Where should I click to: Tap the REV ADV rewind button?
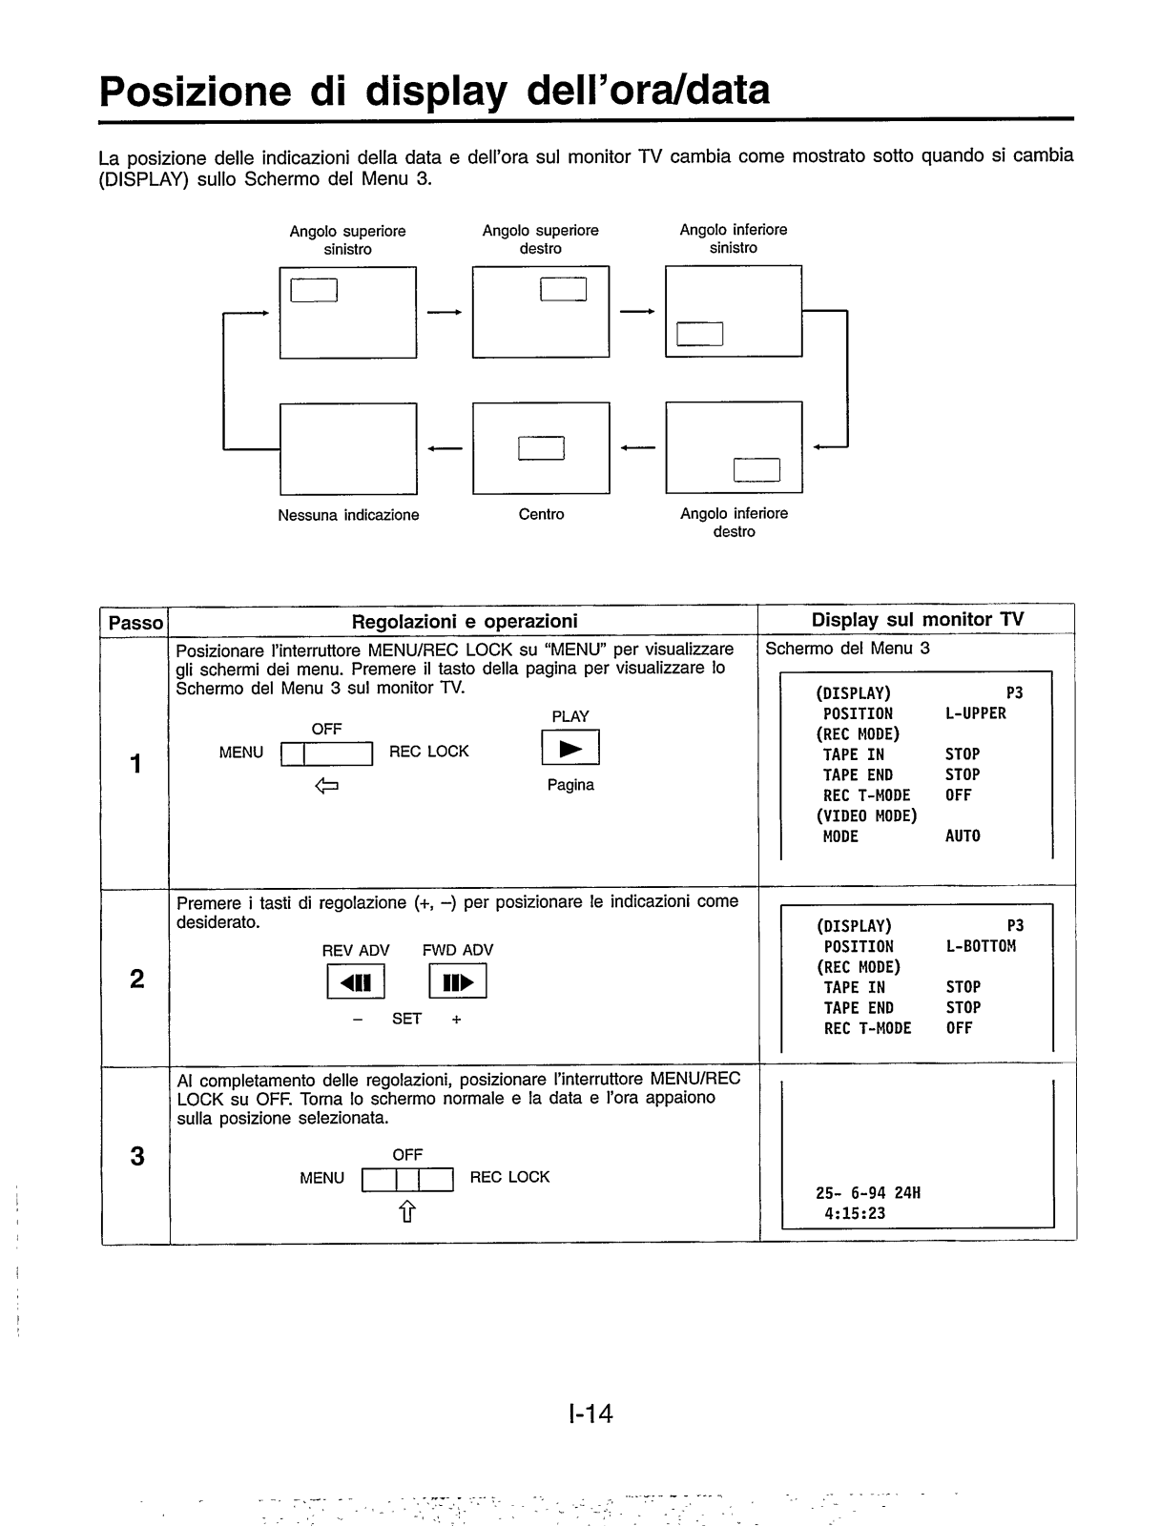click(356, 981)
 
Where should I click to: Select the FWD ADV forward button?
click(458, 981)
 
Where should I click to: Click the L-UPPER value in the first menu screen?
click(975, 713)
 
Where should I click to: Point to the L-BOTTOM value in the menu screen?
click(981, 946)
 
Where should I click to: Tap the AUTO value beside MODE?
click(963, 836)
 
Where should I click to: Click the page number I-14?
click(589, 1413)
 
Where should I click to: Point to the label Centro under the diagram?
click(541, 515)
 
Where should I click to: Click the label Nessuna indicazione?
click(348, 515)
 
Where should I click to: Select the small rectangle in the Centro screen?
click(541, 447)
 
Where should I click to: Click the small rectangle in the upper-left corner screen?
click(314, 289)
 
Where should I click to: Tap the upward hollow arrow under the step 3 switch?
click(407, 1211)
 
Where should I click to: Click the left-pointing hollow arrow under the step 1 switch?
click(326, 787)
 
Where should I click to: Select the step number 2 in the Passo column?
click(136, 979)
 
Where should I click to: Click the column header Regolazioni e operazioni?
click(465, 622)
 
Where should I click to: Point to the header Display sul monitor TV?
click(917, 620)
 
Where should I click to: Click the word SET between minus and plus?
click(406, 1019)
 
